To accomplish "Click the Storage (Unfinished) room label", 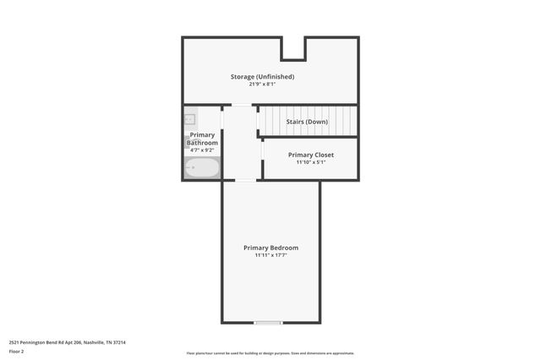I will [x=262, y=77].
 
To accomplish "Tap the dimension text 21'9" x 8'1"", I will [x=262, y=85].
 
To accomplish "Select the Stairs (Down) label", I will [x=307, y=122].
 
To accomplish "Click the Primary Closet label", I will [x=310, y=155].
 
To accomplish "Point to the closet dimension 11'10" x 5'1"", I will [x=310, y=162].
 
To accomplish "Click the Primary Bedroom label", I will [x=270, y=248].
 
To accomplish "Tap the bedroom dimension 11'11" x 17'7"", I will [x=270, y=255].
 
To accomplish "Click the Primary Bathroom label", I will [x=202, y=139].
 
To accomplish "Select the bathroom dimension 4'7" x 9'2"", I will [x=202, y=150].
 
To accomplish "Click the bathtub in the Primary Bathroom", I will [x=202, y=168].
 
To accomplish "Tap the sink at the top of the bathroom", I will [x=189, y=119].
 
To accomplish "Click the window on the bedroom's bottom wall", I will [x=269, y=322].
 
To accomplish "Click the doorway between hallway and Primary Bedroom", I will [x=245, y=180].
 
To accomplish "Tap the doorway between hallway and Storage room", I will [x=242, y=105].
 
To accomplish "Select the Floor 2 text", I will [x=16, y=351].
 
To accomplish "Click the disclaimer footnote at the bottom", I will [x=270, y=353].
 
